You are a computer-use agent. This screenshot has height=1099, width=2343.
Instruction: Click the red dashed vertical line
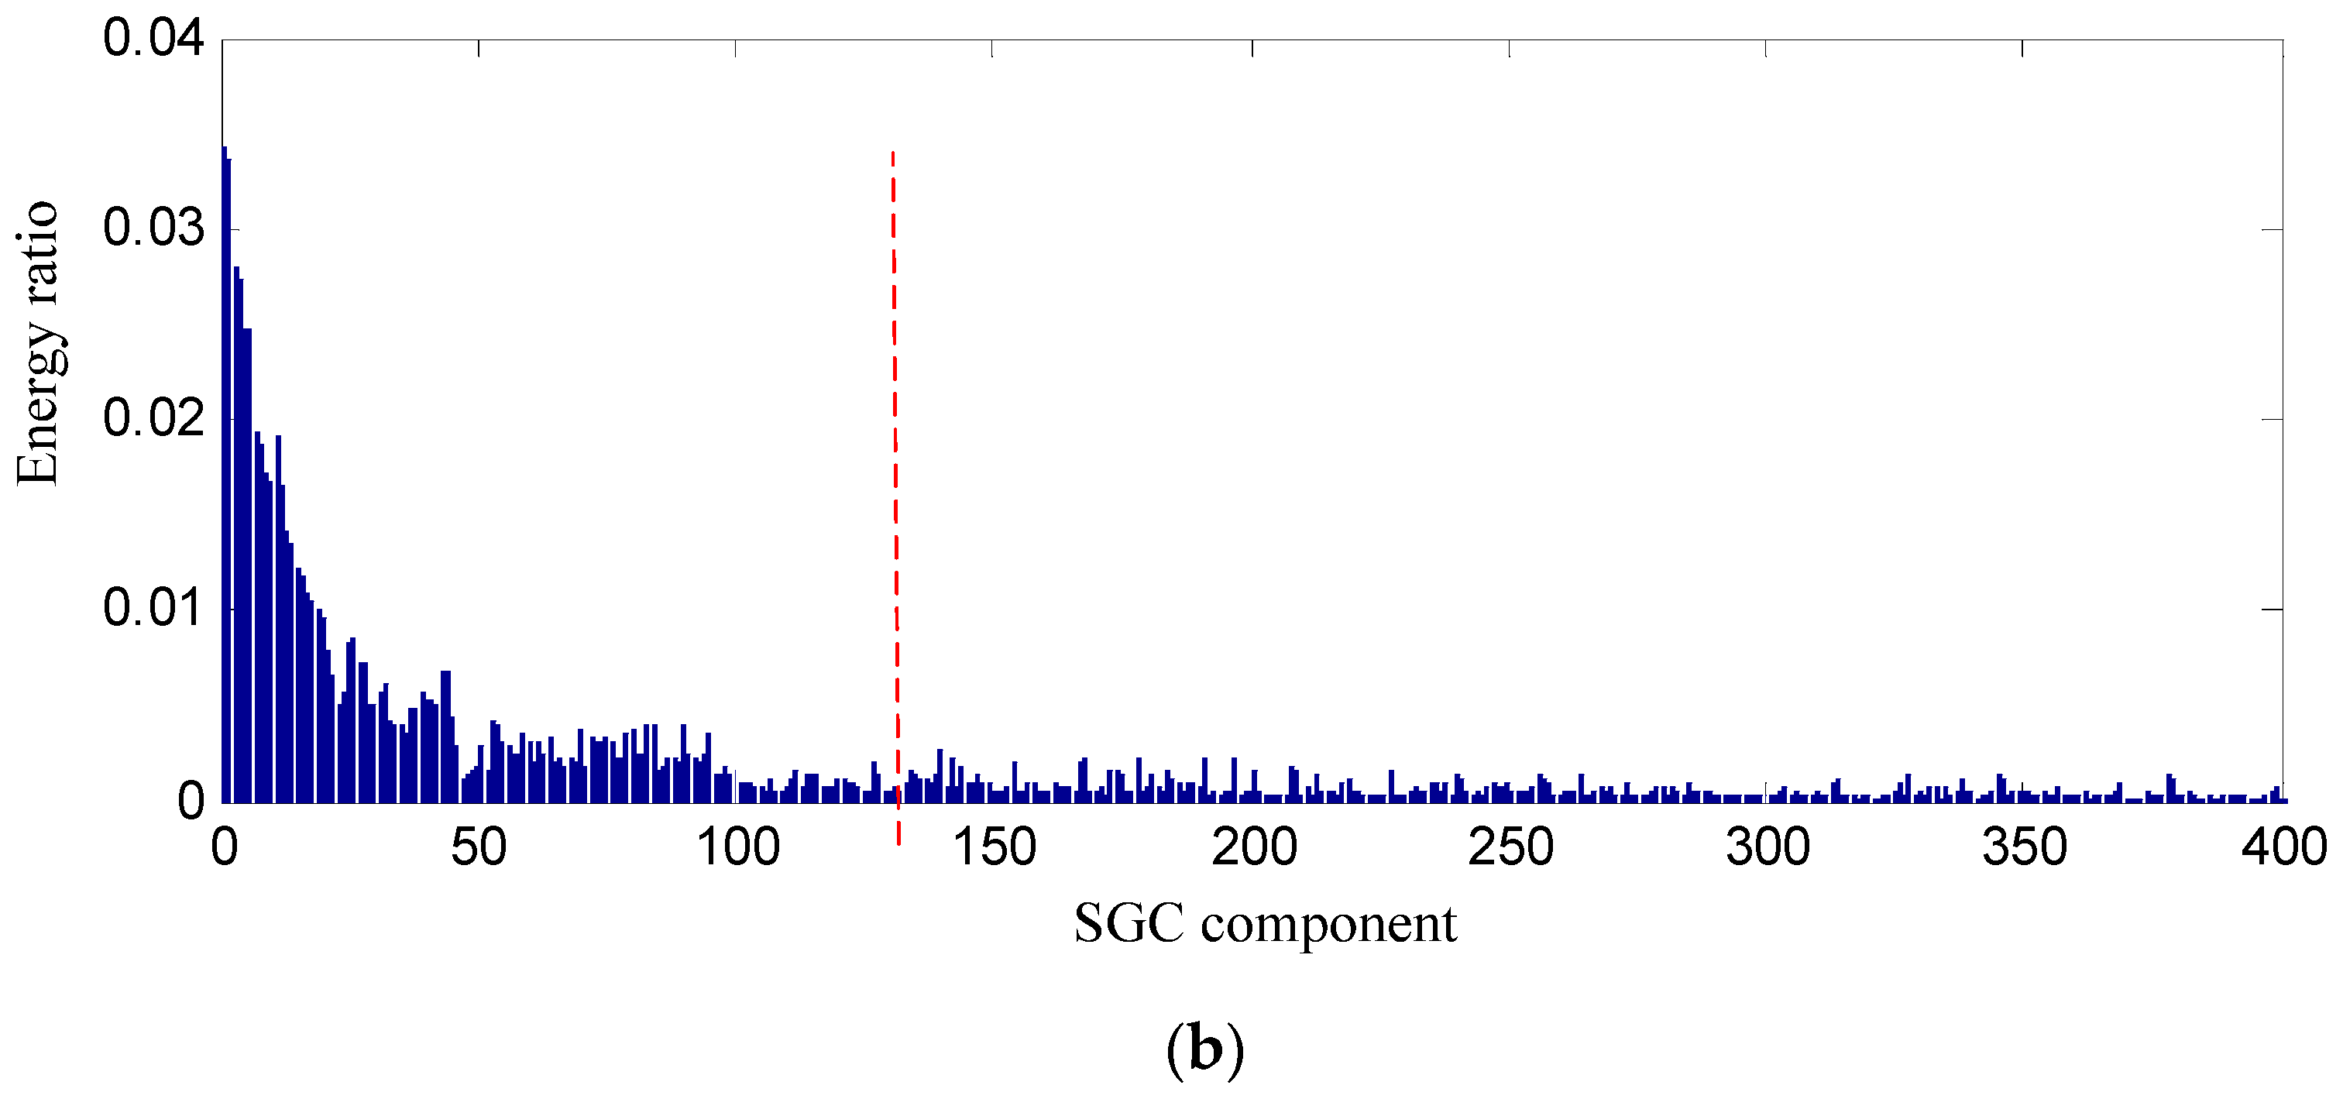click(895, 455)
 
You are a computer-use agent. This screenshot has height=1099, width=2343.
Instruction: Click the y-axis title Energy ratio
click(38, 345)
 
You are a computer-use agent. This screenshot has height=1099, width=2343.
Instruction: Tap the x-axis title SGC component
click(1265, 924)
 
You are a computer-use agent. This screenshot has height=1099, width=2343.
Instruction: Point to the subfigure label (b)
click(1205, 1049)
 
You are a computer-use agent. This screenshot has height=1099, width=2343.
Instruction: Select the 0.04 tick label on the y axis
click(153, 39)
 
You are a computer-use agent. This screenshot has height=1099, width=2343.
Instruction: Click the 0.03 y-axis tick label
click(153, 228)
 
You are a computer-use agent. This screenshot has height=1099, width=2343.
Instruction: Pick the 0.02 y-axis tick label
click(153, 418)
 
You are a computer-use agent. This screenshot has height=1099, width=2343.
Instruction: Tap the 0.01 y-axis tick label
click(153, 609)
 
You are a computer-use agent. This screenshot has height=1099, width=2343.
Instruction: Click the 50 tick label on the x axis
click(479, 848)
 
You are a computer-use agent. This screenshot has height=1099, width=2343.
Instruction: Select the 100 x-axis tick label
click(737, 848)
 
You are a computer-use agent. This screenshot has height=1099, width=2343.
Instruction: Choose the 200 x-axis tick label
click(1253, 848)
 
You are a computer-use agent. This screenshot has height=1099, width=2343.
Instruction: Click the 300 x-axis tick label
click(1768, 848)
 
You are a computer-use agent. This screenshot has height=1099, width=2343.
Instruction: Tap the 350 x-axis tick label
click(2025, 848)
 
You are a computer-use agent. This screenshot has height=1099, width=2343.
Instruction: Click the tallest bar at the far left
click(225, 473)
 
